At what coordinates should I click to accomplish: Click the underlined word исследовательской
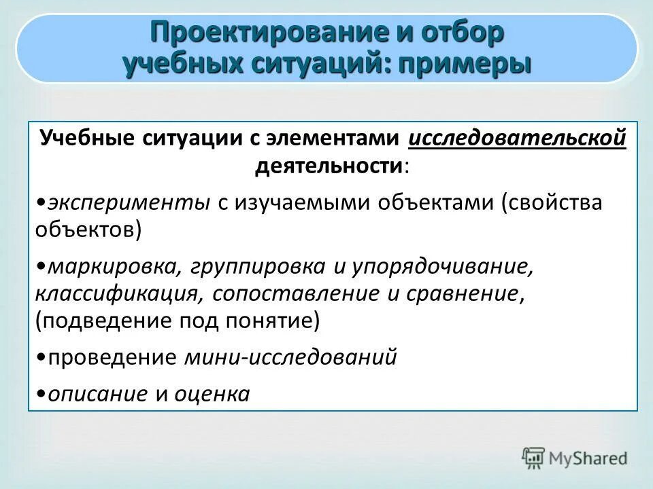(517, 139)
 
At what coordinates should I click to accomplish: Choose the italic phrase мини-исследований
(290, 357)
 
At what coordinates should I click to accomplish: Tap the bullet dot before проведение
(42, 358)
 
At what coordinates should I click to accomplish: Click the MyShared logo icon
(534, 458)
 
